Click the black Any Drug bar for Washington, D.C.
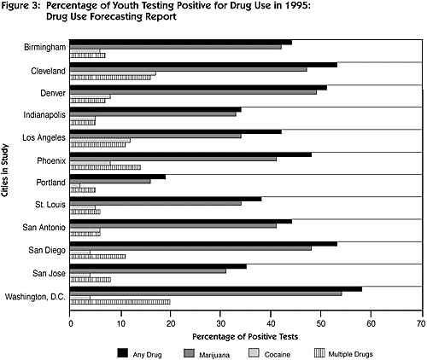tap(216, 289)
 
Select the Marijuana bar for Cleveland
tap(189, 69)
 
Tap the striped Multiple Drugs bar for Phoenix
tap(105, 167)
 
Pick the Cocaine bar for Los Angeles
tap(100, 141)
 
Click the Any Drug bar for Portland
tap(118, 177)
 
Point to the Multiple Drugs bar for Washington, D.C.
tap(120, 302)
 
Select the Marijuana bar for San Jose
tap(148, 271)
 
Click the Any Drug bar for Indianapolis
tap(155, 109)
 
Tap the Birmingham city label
tap(44, 47)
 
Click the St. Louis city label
tap(50, 205)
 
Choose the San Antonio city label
tap(44, 228)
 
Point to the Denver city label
tap(53, 93)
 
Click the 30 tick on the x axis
tap(220, 313)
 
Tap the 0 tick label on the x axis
tap(71, 324)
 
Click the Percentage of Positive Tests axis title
tap(245, 337)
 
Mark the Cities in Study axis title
tap(5, 171)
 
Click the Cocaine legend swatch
tap(254, 353)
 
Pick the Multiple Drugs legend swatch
tap(319, 353)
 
